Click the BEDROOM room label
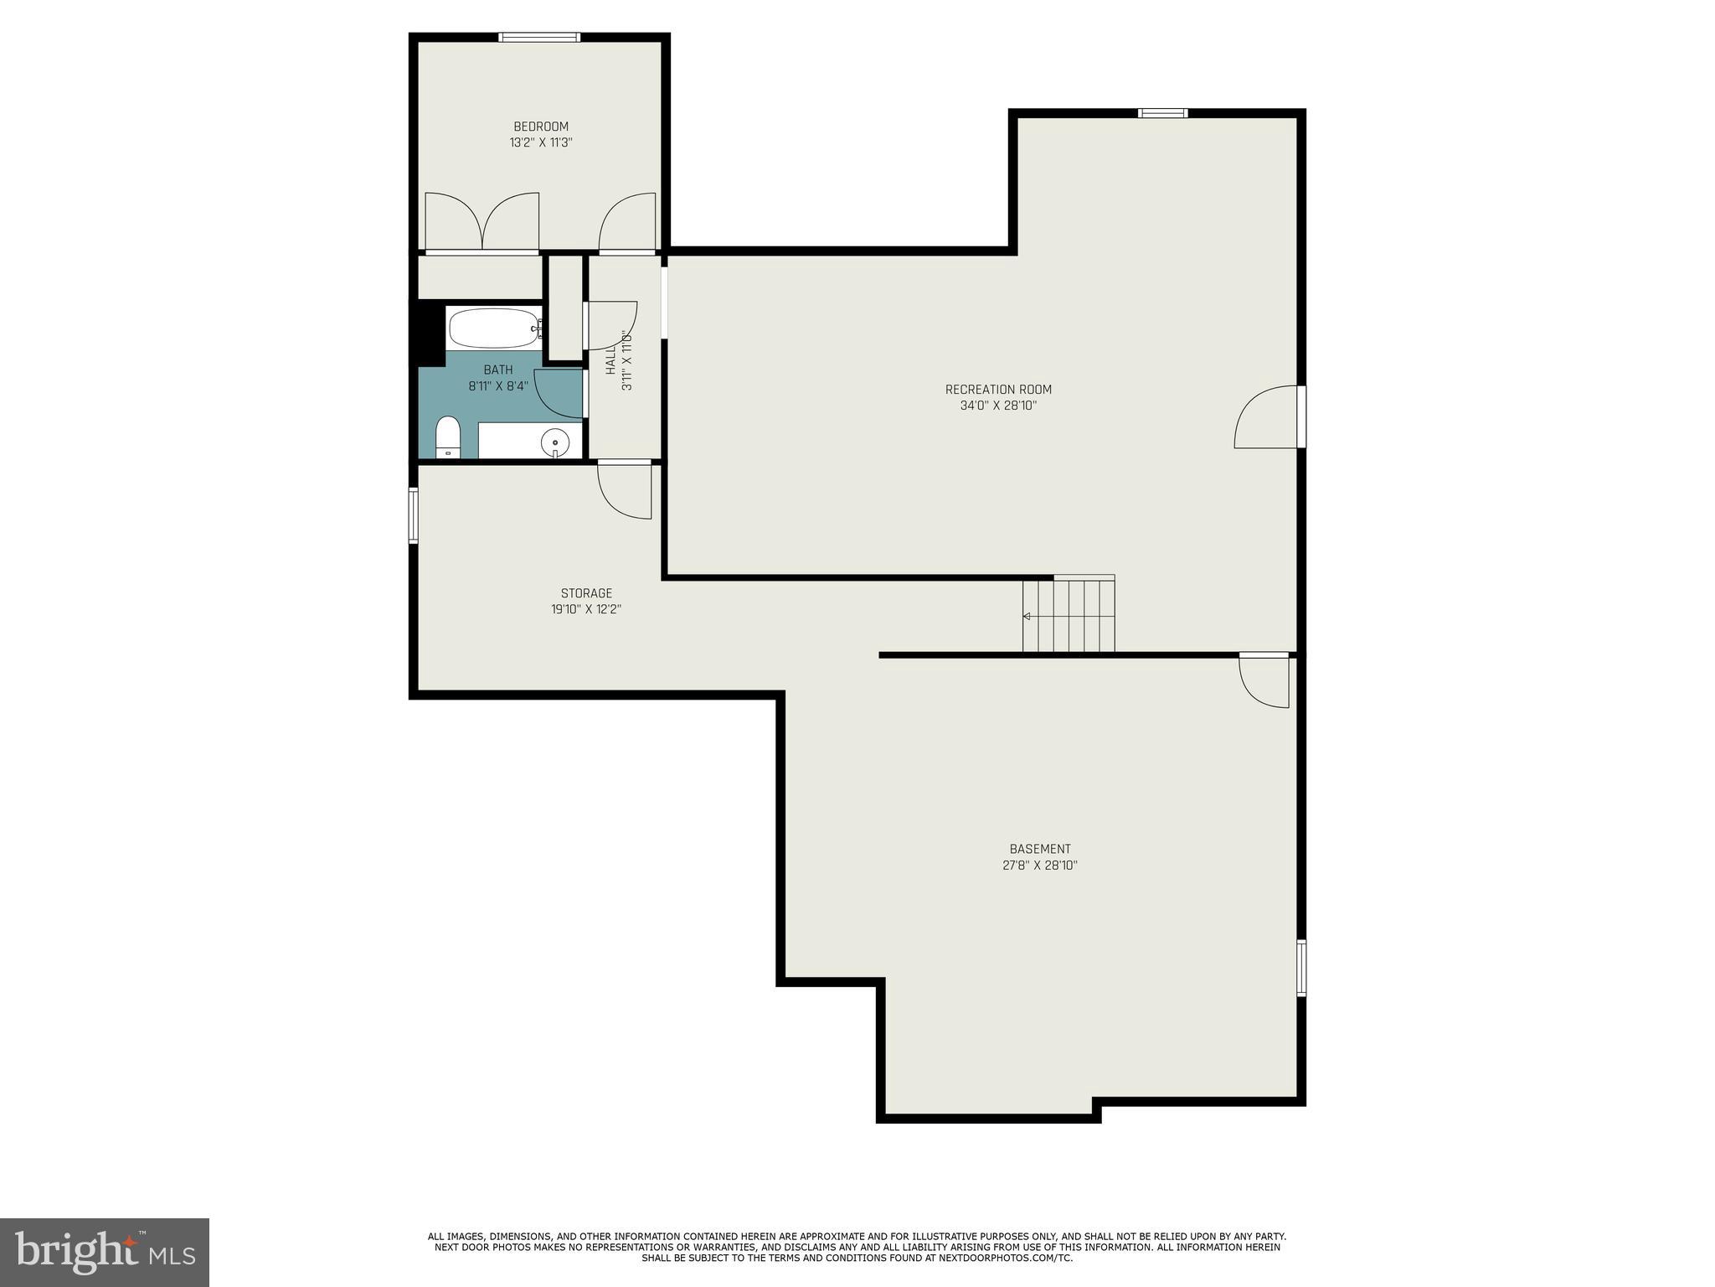click(540, 127)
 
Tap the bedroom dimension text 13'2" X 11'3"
click(540, 142)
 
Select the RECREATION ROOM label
click(998, 390)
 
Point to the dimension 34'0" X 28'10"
click(998, 406)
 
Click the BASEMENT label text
click(1039, 849)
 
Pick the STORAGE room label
click(586, 593)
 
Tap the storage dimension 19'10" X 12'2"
click(586, 609)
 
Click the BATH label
click(497, 370)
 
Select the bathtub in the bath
click(494, 328)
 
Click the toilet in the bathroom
click(448, 438)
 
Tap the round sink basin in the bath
click(554, 441)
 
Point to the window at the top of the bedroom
click(539, 37)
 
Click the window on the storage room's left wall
click(413, 516)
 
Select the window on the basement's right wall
click(1301, 968)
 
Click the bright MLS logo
click(105, 1252)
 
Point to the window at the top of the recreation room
click(1162, 113)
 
